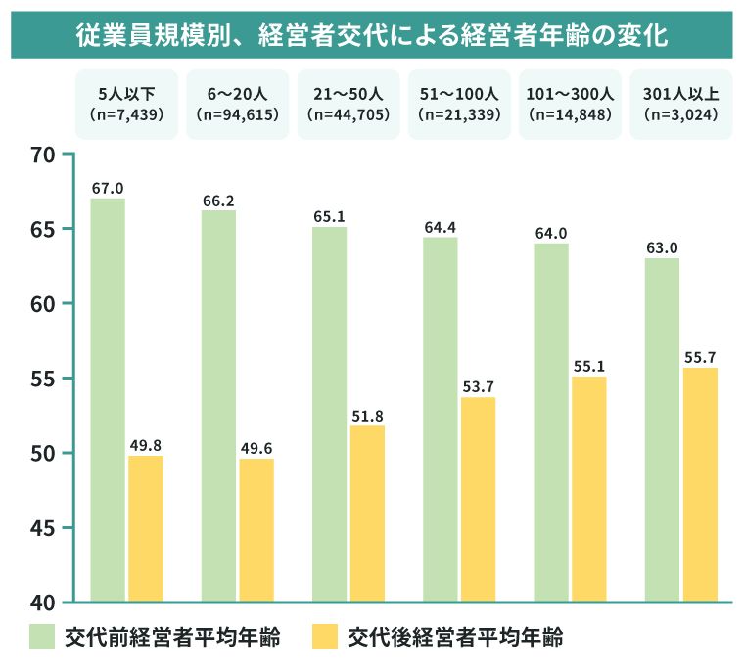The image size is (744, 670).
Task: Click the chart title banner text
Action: pos(372,35)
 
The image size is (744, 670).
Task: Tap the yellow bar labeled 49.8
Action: pos(146,528)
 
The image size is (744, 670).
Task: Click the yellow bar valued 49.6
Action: pos(256,529)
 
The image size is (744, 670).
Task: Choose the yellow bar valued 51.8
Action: pos(368,513)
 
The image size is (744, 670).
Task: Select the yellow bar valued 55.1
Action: pos(589,488)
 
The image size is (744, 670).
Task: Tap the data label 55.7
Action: pos(700,358)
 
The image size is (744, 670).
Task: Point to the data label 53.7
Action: pos(479,387)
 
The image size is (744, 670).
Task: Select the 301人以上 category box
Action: pos(680,104)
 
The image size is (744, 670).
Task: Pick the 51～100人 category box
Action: pos(459,104)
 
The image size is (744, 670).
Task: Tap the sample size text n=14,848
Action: pos(570,114)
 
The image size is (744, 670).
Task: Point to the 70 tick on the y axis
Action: pos(43,155)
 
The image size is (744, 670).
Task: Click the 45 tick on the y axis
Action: pos(43,528)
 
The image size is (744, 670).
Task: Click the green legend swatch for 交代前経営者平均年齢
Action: pos(42,637)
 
